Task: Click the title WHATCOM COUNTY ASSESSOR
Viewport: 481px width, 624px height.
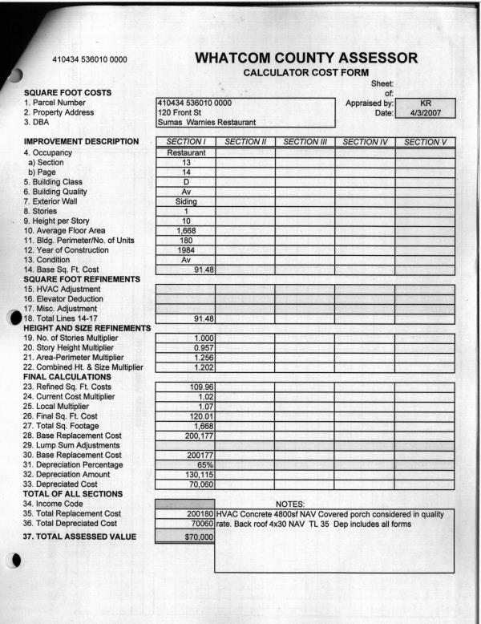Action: pyautogui.click(x=305, y=58)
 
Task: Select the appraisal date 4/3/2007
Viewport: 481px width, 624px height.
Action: pyautogui.click(x=426, y=113)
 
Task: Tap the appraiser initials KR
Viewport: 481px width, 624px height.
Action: pyautogui.click(x=426, y=103)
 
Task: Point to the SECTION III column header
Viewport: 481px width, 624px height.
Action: pyautogui.click(x=305, y=142)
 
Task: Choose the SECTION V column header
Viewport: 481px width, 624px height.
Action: pyautogui.click(x=426, y=142)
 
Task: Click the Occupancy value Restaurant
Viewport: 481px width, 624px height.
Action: pyautogui.click(x=186, y=152)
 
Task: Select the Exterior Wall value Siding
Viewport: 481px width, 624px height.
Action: pyautogui.click(x=186, y=201)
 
